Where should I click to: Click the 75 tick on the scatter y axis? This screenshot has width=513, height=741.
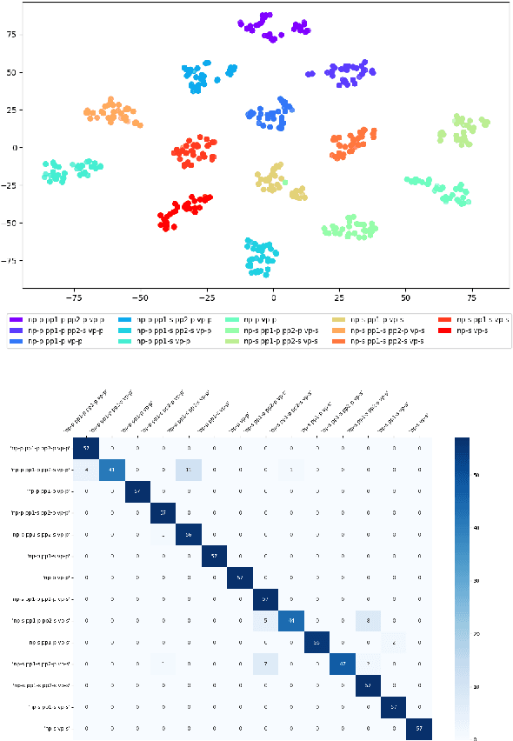[x=12, y=35]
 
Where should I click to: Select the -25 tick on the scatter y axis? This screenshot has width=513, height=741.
[x=10, y=185]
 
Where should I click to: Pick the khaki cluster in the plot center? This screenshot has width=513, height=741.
[x=275, y=180]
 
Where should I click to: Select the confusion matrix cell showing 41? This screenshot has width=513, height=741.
[x=111, y=471]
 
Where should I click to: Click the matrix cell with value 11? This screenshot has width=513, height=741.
[x=188, y=471]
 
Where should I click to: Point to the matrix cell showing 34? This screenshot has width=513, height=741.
[x=290, y=621]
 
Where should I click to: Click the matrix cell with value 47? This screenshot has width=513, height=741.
[x=342, y=664]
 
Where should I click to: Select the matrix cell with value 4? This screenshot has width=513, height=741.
[x=85, y=471]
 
